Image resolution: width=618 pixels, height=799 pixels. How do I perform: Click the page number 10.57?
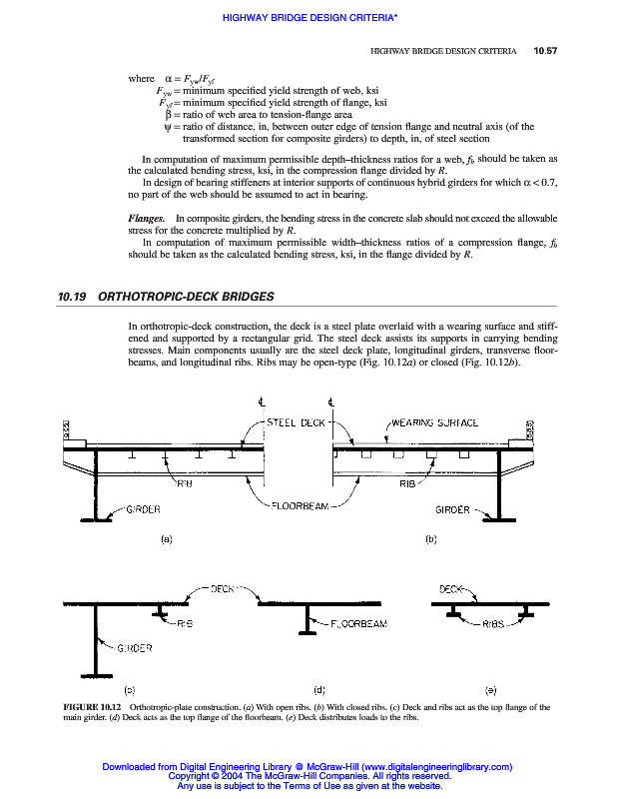pyautogui.click(x=545, y=50)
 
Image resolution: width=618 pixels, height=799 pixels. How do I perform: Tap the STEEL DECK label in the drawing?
pyautogui.click(x=296, y=422)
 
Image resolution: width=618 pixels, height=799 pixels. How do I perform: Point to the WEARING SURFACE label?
pyautogui.click(x=435, y=422)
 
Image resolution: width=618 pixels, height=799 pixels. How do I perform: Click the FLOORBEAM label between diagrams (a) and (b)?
pyautogui.click(x=300, y=505)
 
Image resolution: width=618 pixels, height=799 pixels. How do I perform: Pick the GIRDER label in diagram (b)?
pyautogui.click(x=453, y=509)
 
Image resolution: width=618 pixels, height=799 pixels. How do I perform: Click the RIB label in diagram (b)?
pyautogui.click(x=407, y=483)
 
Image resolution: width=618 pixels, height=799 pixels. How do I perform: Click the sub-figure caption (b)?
pyautogui.click(x=432, y=539)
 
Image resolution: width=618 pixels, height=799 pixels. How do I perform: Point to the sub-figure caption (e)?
pyautogui.click(x=490, y=689)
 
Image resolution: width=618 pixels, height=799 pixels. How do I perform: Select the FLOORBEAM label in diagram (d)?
pyautogui.click(x=358, y=624)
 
